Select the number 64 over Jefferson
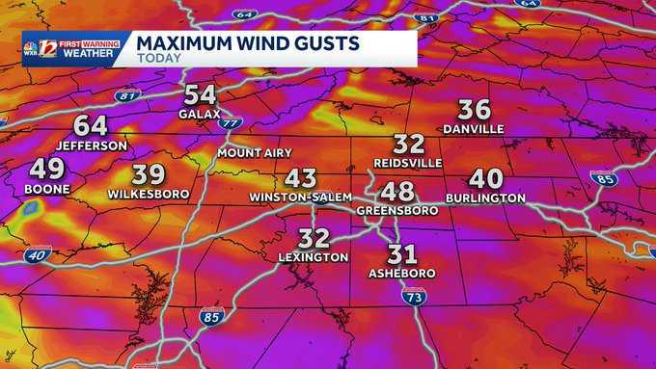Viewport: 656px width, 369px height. coord(90,126)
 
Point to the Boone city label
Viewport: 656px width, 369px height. coord(47,189)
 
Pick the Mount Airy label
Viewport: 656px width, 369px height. coord(251,153)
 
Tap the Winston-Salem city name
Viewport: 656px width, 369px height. coord(300,197)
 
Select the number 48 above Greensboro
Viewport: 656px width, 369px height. coord(396,191)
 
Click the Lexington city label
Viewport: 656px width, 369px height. coord(314,257)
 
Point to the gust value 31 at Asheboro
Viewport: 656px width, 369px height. coord(401,254)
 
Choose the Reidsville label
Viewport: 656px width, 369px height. coord(409,163)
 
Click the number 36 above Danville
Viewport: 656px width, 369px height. coord(474,110)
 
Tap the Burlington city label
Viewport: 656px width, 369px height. coord(485,198)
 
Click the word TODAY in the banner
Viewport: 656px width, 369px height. coord(156,58)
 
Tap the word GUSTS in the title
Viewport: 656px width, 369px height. coord(319,42)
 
